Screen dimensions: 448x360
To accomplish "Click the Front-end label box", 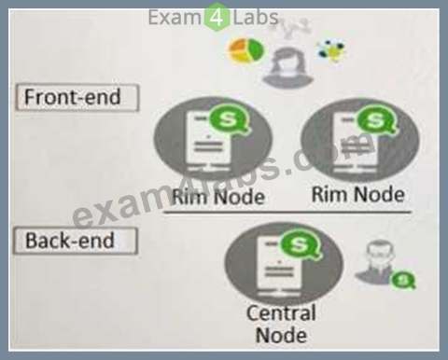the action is click(x=77, y=97).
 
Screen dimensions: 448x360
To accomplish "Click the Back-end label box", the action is click(x=76, y=241).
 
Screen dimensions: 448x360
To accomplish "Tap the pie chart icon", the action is click(x=246, y=50).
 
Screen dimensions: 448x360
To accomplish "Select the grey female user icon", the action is click(x=287, y=68).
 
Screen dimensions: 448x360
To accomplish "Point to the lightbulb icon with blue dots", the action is click(x=331, y=50).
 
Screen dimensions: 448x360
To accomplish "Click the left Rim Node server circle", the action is click(x=213, y=140).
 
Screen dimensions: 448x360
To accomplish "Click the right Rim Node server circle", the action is click(x=360, y=140).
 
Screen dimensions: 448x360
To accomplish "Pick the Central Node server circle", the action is click(x=284, y=263).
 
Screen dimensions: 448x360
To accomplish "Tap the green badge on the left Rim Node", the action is click(x=230, y=119).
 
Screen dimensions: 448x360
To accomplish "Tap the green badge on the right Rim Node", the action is click(x=376, y=120).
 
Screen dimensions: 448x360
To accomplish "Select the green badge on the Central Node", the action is click(x=300, y=244).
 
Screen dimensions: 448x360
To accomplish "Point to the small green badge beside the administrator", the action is click(x=403, y=280).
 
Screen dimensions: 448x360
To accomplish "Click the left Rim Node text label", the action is click(x=218, y=197).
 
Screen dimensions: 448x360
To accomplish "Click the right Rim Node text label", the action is click(x=358, y=194).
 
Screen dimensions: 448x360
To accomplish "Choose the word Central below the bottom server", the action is click(x=281, y=312).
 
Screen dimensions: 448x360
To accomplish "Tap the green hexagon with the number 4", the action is click(x=217, y=17).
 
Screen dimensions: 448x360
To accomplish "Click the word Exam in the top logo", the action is click(x=175, y=18).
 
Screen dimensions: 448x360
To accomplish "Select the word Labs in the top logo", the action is click(x=256, y=18).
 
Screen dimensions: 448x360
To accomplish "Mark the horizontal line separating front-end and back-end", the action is click(x=287, y=213).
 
